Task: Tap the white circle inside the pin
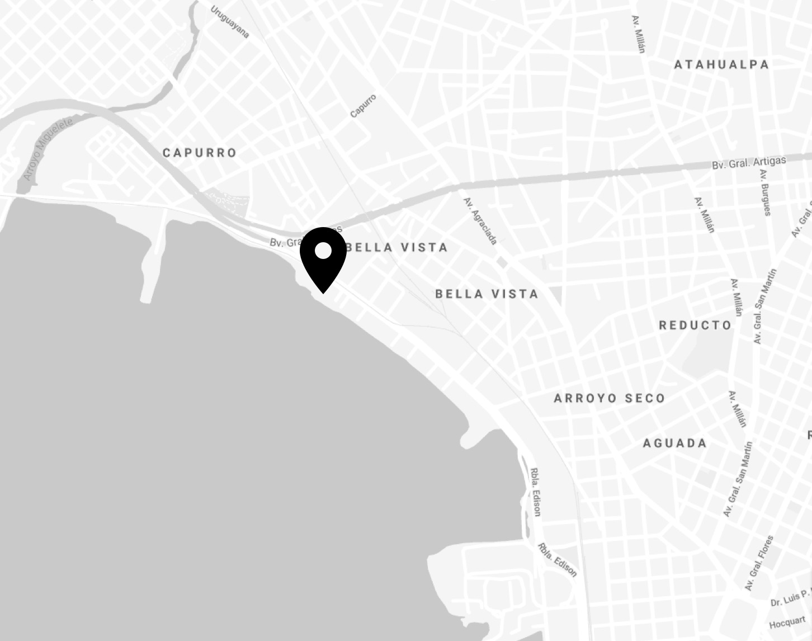323,251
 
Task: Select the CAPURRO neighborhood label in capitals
200,153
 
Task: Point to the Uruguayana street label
230,22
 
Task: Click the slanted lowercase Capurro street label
363,106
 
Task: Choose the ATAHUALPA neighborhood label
721,64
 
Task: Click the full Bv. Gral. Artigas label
749,163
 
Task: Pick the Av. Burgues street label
765,192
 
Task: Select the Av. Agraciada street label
480,220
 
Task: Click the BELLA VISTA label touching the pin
397,247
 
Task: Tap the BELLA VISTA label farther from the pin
487,294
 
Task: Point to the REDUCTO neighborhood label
695,325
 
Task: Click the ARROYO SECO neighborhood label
609,398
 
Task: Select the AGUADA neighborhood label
675,443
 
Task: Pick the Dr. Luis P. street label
790,598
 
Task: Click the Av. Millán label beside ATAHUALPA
638,34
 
